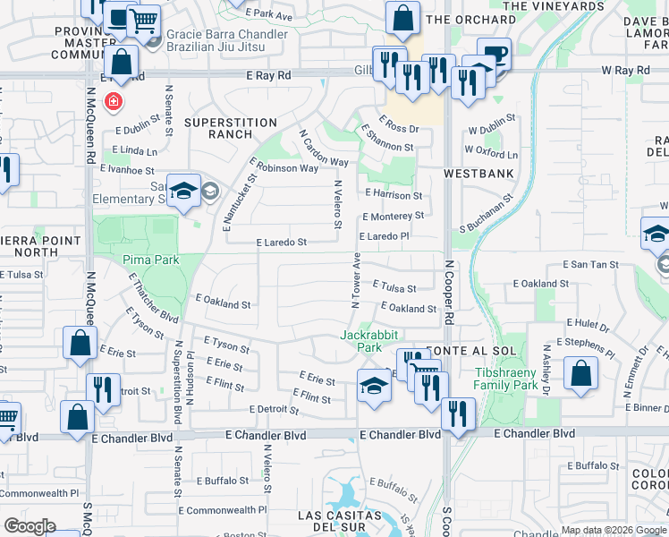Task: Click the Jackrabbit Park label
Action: pos(361,341)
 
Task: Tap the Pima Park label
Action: pos(151,260)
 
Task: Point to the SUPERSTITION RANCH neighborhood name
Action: pos(231,128)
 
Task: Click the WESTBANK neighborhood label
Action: pos(476,175)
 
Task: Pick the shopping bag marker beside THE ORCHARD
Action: pos(403,17)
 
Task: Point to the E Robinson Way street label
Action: pos(287,167)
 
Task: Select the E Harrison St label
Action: pos(394,195)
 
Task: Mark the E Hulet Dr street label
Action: pos(587,324)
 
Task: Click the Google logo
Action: pos(30,526)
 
